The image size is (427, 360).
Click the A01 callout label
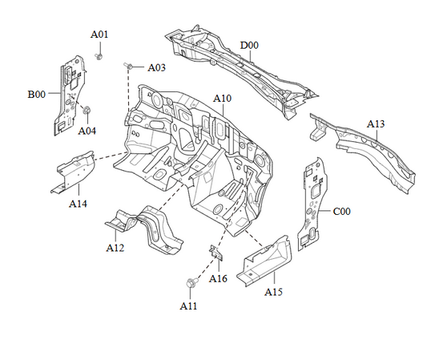point(99,34)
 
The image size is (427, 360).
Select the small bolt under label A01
point(98,56)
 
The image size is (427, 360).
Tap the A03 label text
point(155,68)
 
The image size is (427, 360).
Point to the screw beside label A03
point(128,64)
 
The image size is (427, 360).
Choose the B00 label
point(37,94)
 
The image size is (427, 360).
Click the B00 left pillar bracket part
point(70,92)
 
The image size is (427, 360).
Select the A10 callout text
point(222,98)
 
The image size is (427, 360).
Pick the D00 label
point(250,45)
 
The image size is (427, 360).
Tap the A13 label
point(376,123)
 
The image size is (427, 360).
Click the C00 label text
point(342,211)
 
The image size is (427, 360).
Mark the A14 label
point(78,204)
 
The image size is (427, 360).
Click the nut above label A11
point(191,283)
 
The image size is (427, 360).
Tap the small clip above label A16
point(216,252)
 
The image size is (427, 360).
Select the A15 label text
point(274,291)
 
